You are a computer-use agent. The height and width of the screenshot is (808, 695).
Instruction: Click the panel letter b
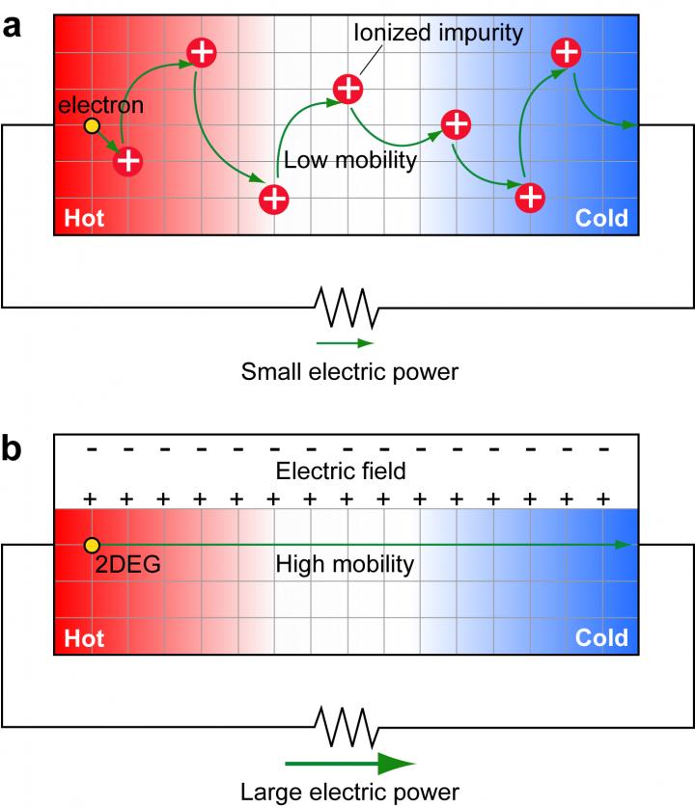(x=14, y=451)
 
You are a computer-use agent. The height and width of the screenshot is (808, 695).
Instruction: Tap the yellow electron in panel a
(x=92, y=126)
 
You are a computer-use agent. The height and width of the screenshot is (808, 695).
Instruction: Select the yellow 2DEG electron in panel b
(x=92, y=546)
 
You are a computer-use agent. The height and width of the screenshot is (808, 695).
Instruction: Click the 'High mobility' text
(x=345, y=565)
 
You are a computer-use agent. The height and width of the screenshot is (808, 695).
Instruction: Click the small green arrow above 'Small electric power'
(x=345, y=342)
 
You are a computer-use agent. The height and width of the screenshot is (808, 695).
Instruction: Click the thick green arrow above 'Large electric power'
(x=348, y=764)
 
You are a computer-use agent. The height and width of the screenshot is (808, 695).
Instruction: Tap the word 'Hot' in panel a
(x=84, y=219)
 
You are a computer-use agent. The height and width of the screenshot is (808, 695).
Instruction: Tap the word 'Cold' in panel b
(x=601, y=637)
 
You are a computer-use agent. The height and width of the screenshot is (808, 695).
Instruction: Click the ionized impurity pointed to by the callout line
(x=348, y=89)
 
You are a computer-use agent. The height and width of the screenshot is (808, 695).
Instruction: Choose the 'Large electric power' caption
(x=348, y=793)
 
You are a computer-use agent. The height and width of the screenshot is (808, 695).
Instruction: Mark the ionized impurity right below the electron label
(x=127, y=161)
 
